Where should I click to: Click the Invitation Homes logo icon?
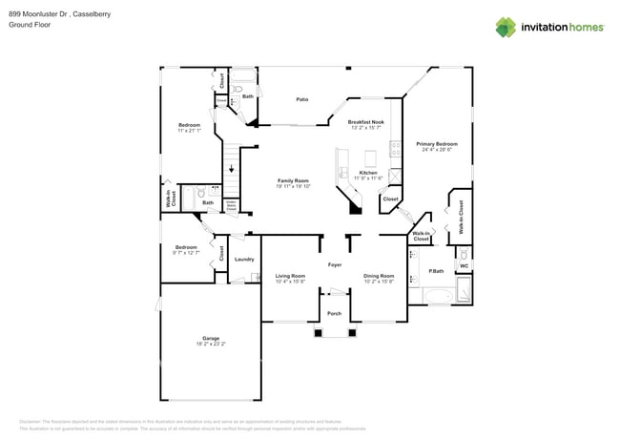(505, 27)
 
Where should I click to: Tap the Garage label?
(209, 338)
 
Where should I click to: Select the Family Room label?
(293, 180)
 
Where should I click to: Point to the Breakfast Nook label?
(365, 122)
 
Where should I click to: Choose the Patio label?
(301, 99)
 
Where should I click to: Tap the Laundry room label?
(243, 259)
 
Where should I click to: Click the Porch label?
(335, 313)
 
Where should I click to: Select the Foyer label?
(335, 264)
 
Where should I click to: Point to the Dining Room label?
(379, 276)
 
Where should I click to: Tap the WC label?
(464, 266)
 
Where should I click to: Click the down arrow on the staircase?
(229, 170)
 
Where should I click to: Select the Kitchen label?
(367, 173)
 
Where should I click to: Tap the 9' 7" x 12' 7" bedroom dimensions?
(185, 253)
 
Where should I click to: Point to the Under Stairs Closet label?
(230, 203)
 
